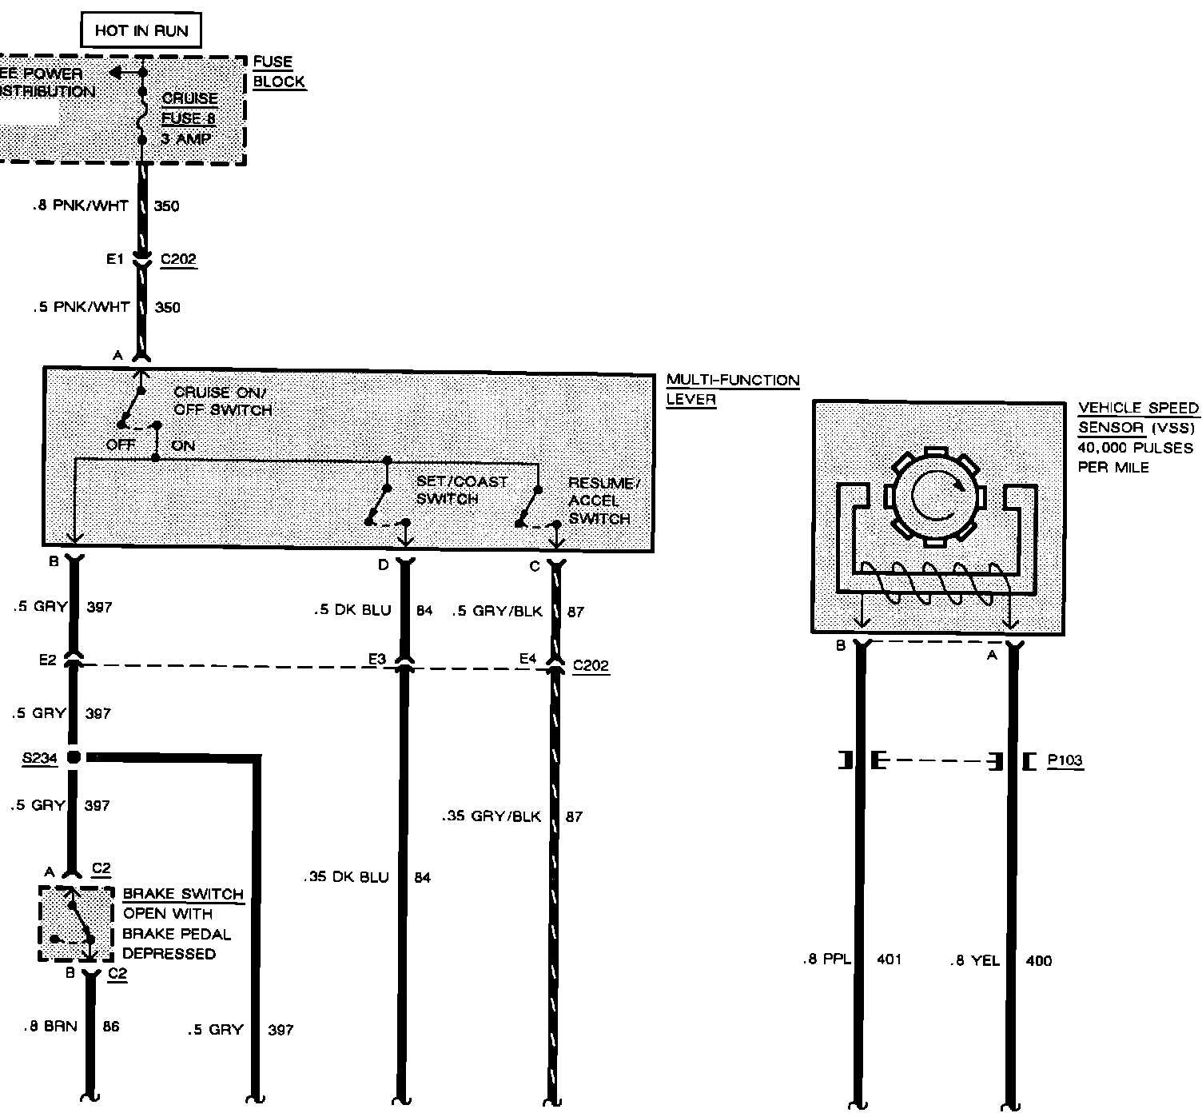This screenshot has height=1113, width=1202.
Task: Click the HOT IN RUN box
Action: click(x=141, y=31)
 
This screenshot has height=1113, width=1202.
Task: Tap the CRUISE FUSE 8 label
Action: click(x=189, y=109)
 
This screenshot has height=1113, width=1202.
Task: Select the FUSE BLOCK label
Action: click(x=279, y=72)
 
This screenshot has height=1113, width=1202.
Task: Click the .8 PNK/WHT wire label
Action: click(x=81, y=206)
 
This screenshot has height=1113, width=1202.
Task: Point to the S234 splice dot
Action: click(x=74, y=757)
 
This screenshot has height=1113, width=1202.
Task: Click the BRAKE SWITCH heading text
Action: click(x=183, y=894)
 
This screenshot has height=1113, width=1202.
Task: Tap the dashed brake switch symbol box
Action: click(x=76, y=924)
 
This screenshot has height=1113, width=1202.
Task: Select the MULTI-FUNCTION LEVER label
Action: click(x=732, y=389)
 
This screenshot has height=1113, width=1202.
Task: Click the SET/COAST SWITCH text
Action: click(x=461, y=490)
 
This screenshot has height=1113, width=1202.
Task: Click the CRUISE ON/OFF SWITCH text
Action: click(x=223, y=401)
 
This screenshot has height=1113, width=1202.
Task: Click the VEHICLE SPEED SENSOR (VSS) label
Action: click(x=1138, y=417)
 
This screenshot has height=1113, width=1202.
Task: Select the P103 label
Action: click(x=1065, y=760)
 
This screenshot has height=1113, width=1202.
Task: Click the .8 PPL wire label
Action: click(x=827, y=960)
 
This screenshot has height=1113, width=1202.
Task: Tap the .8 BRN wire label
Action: click(x=50, y=1026)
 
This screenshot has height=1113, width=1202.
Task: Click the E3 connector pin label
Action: click(x=377, y=659)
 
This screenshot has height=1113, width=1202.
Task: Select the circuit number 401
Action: click(x=889, y=959)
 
